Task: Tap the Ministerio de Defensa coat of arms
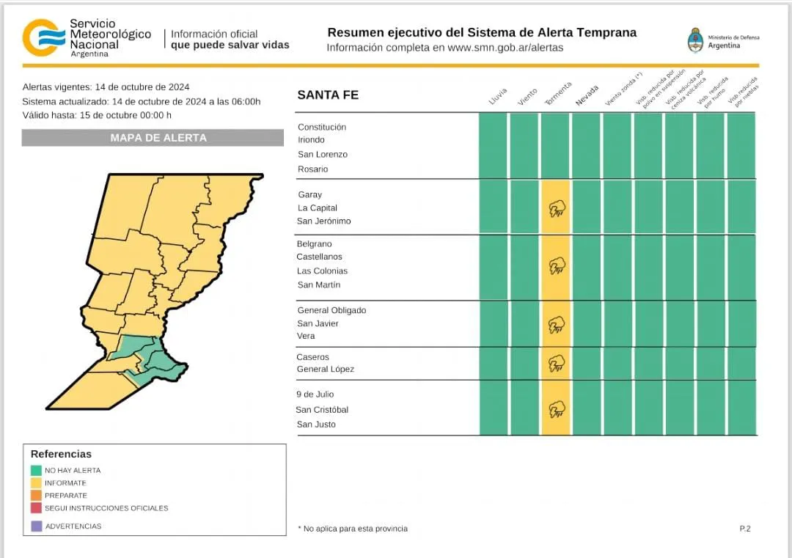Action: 694,40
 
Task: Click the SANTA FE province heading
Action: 328,95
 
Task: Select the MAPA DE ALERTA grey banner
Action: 153,138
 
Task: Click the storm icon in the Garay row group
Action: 557,208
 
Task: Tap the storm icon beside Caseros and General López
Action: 557,363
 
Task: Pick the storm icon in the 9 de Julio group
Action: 557,409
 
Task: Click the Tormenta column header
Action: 558,95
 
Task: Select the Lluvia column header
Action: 498,96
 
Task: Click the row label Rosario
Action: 312,169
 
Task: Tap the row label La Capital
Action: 318,208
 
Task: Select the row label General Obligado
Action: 331,310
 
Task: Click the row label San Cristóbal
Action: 322,410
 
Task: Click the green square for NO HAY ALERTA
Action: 37,470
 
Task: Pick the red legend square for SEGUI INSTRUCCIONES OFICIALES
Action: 37,508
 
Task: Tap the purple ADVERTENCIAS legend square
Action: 37,526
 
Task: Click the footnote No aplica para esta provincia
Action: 353,529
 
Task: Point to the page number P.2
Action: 745,529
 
